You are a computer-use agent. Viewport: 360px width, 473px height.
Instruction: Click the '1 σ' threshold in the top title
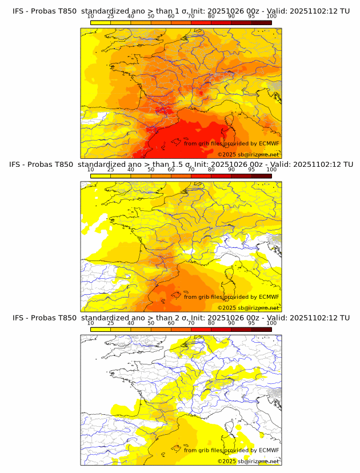[x=185, y=11]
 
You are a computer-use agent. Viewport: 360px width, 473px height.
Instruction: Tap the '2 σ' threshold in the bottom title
[x=185, y=318]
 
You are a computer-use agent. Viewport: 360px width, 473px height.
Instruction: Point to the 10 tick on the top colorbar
[x=91, y=16]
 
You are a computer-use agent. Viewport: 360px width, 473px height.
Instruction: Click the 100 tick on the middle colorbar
[x=271, y=170]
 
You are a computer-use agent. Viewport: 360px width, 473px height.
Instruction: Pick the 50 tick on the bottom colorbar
[x=151, y=323]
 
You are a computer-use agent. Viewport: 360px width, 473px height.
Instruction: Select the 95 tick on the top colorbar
[x=251, y=16]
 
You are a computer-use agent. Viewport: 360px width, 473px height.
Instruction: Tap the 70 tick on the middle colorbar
[x=191, y=170]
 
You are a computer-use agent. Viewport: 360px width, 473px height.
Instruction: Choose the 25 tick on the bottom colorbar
[x=111, y=323]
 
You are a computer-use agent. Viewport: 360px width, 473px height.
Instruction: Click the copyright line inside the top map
[x=248, y=154]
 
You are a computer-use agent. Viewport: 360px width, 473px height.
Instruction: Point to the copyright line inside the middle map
[x=248, y=307]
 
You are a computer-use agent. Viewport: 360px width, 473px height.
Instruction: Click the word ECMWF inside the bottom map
[x=269, y=450]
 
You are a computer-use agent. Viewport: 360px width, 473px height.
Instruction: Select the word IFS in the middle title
[x=16, y=165]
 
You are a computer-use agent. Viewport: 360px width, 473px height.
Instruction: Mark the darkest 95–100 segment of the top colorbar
[x=261, y=22]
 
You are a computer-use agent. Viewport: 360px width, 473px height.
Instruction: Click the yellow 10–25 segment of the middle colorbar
[x=101, y=176]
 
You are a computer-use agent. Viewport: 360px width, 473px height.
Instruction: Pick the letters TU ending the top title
[x=345, y=11]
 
